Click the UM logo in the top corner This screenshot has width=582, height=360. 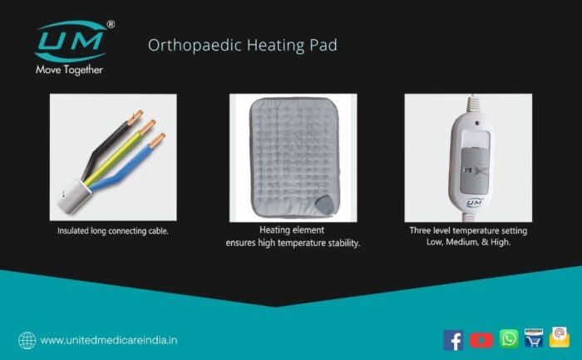[71, 41]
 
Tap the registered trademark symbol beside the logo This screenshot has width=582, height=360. [111, 24]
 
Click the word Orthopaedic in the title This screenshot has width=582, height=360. [195, 45]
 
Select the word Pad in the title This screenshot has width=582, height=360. [323, 45]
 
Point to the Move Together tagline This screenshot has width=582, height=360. [69, 70]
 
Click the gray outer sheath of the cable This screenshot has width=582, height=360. [74, 197]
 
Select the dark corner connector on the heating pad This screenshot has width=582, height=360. [323, 205]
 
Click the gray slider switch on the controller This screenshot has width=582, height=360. [474, 170]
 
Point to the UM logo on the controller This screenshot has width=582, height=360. [474, 203]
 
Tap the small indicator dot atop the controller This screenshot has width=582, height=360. [477, 123]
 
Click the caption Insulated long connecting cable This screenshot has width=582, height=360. [113, 231]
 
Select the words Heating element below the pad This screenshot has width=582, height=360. [292, 230]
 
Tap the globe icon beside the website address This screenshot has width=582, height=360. [27, 340]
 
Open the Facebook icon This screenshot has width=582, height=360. [453, 340]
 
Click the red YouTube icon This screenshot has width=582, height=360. [481, 340]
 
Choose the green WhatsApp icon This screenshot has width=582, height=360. [509, 338]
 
